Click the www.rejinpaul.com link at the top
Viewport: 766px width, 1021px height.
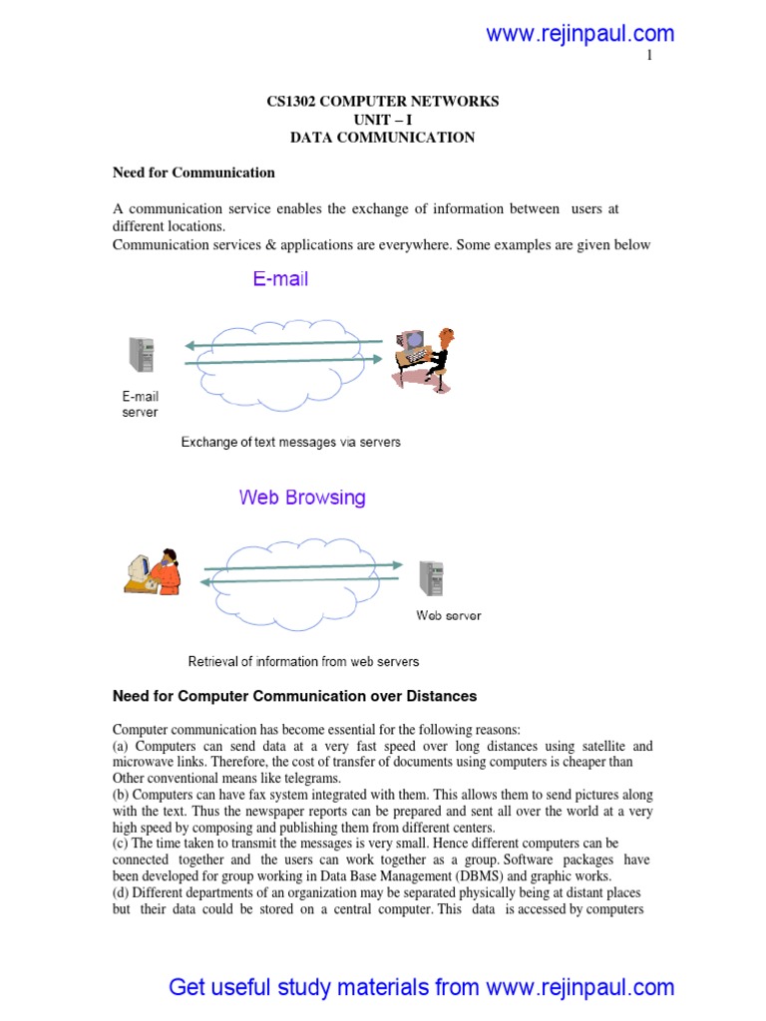pyautogui.click(x=579, y=34)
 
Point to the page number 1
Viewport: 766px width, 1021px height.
pyautogui.click(x=650, y=56)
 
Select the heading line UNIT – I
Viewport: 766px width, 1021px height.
pyautogui.click(x=382, y=120)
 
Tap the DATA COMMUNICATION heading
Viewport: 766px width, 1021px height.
pyautogui.click(x=382, y=138)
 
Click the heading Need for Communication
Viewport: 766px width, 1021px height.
pyautogui.click(x=193, y=172)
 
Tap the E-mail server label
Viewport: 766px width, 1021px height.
pyautogui.click(x=140, y=404)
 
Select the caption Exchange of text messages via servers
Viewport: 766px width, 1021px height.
pyautogui.click(x=290, y=442)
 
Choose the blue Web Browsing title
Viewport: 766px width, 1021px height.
pyautogui.click(x=302, y=497)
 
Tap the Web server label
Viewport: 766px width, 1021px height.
pyautogui.click(x=448, y=615)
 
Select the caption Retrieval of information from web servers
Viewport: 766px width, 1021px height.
pyautogui.click(x=303, y=661)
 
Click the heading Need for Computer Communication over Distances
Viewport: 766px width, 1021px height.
pyautogui.click(x=295, y=696)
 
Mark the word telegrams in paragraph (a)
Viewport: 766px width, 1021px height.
pyautogui.click(x=309, y=778)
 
